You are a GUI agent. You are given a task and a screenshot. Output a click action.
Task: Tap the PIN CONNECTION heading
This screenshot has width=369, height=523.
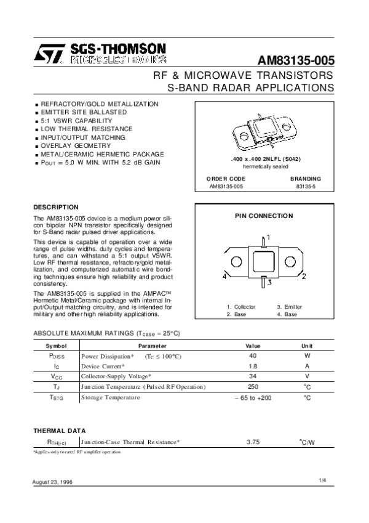(264, 216)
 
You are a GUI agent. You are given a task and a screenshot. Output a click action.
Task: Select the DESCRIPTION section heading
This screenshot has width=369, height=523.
(55, 207)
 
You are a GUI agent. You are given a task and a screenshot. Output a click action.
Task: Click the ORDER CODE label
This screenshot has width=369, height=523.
(221, 179)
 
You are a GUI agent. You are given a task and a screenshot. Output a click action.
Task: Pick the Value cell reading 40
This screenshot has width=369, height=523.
(253, 356)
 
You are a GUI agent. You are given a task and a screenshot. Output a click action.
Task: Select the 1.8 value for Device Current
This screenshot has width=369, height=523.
(253, 366)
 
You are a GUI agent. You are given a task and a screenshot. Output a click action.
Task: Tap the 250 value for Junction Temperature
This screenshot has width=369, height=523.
(253, 386)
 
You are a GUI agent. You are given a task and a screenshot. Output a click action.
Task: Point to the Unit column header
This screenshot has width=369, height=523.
(307, 346)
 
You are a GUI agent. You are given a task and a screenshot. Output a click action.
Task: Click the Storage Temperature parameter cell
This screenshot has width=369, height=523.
(110, 397)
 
